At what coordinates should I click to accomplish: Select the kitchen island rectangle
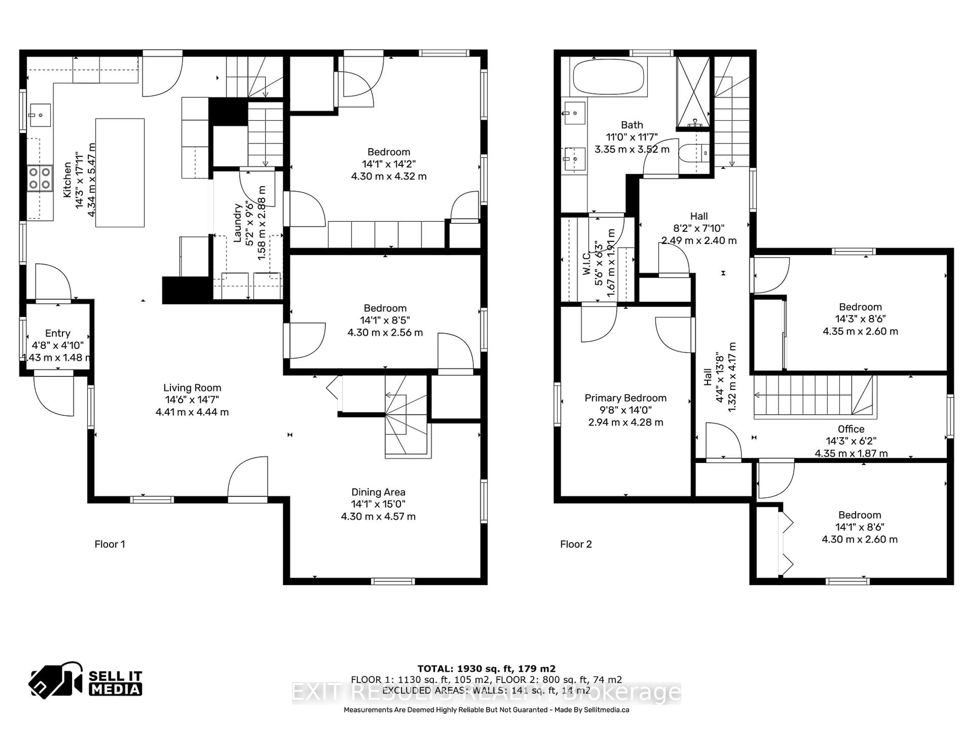click(x=120, y=173)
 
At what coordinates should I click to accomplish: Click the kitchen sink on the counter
click(x=40, y=115)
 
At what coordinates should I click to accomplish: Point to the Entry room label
click(x=58, y=333)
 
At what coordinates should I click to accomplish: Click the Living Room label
click(x=192, y=388)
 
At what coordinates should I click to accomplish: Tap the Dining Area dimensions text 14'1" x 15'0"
click(x=378, y=504)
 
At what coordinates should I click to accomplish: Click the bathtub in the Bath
click(x=609, y=78)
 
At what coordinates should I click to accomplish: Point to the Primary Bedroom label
click(x=625, y=398)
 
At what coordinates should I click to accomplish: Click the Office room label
click(x=851, y=429)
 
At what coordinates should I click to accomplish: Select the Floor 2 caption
click(x=576, y=544)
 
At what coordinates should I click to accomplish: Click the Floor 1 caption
click(x=109, y=544)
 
